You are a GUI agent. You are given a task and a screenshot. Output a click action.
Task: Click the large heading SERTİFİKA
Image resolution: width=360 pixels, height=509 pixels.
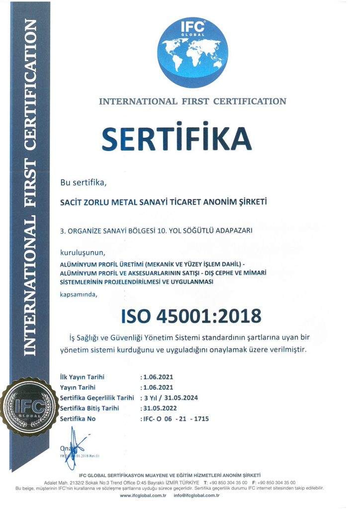point(177,139)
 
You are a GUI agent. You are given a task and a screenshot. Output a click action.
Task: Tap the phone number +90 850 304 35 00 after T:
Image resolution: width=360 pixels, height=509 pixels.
point(229,483)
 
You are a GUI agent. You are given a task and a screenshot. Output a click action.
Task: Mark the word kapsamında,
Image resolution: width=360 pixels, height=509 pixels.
point(79,295)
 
